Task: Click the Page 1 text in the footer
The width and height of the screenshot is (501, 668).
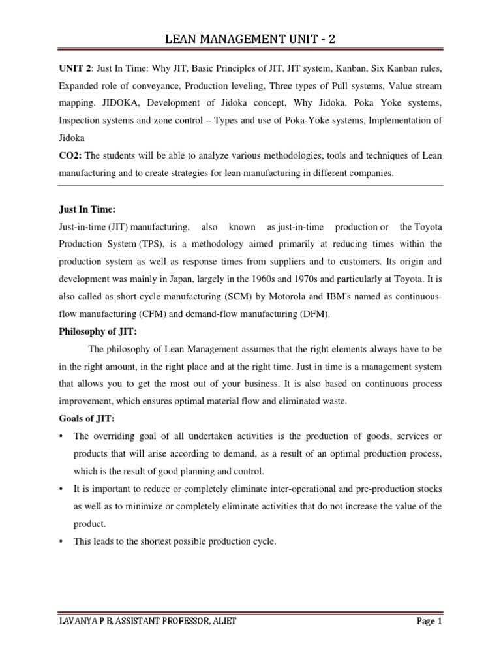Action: (x=429, y=622)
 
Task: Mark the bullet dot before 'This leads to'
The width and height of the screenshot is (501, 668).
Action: (x=61, y=541)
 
